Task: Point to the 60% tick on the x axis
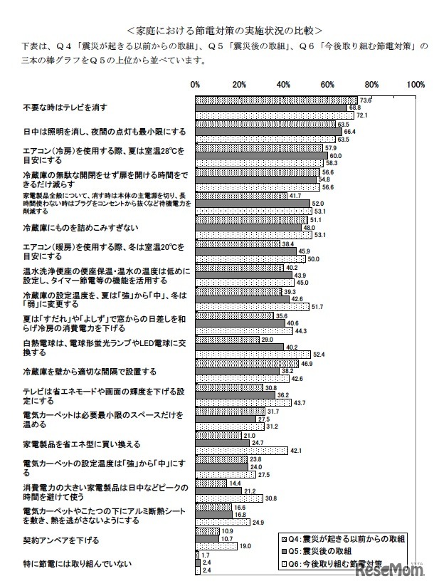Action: pyautogui.click(x=328, y=85)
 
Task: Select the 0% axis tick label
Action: pyautogui.click(x=196, y=85)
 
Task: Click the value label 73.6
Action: pyautogui.click(x=366, y=100)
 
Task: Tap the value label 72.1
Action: pyautogui.click(x=363, y=115)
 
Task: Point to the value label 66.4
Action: pyautogui.click(x=350, y=132)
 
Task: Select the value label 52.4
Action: pyautogui.click(x=319, y=354)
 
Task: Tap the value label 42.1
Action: pyautogui.click(x=297, y=450)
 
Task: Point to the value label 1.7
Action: pyautogui.click(x=206, y=555)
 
